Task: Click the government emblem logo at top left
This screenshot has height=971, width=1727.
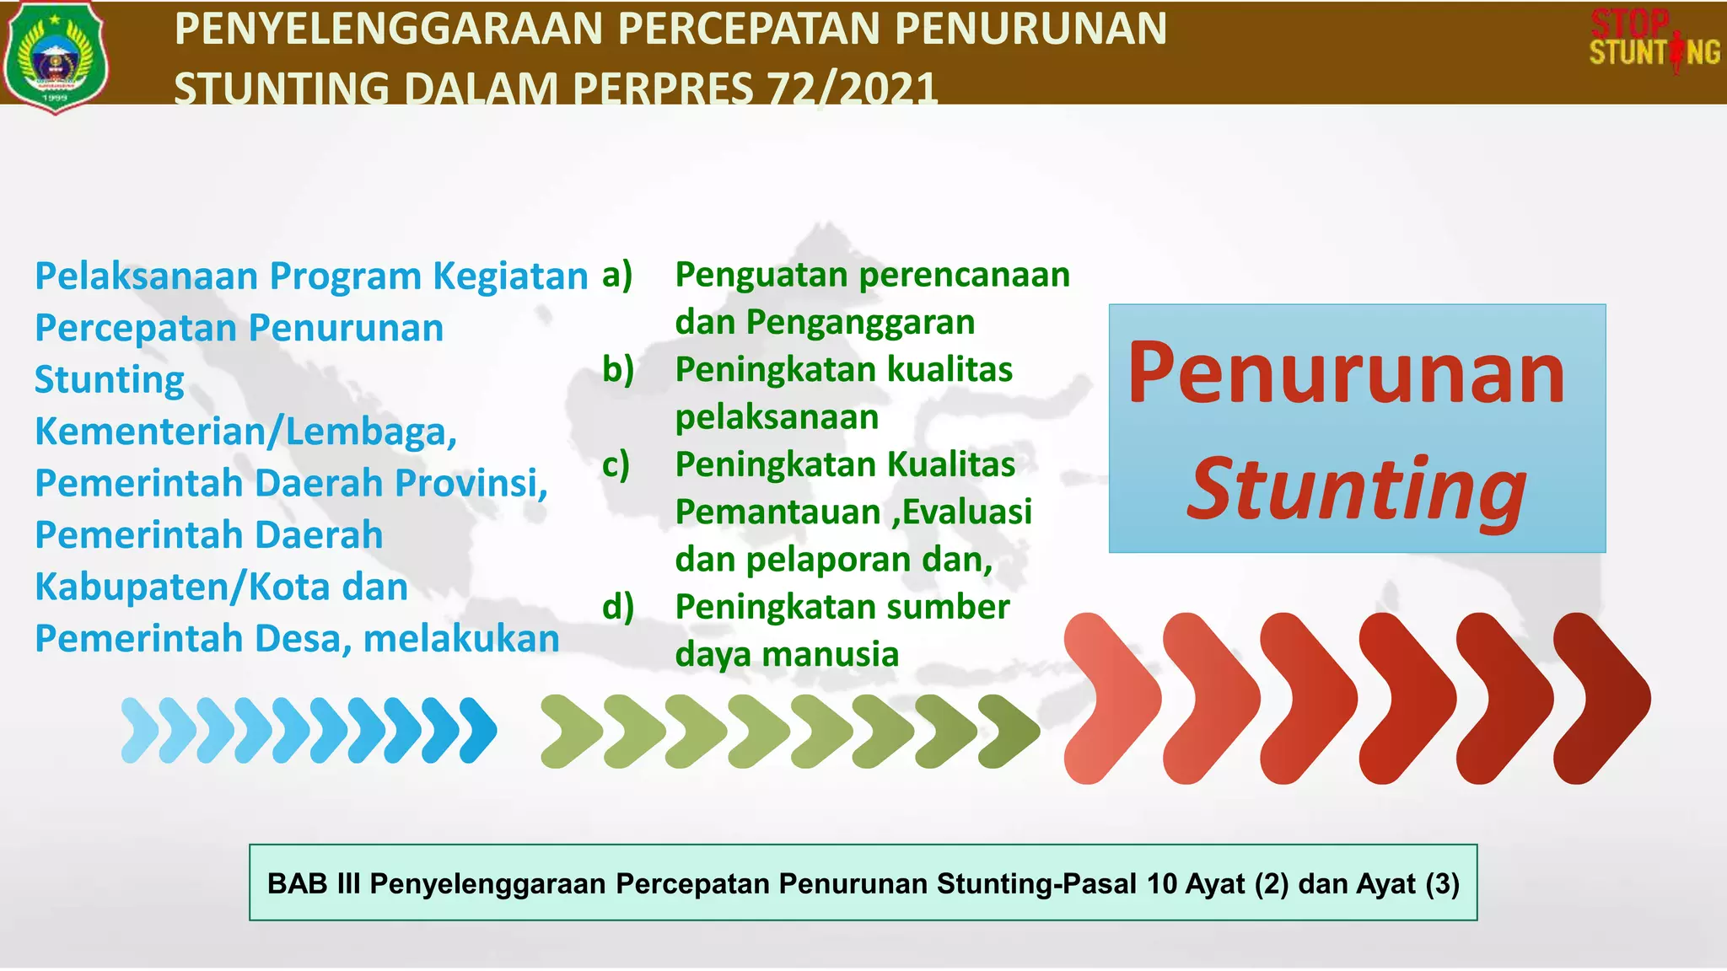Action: (x=55, y=56)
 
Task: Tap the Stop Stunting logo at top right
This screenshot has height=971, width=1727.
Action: (x=1654, y=40)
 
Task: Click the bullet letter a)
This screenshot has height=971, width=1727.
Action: (x=617, y=275)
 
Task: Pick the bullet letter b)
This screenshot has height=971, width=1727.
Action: (x=617, y=370)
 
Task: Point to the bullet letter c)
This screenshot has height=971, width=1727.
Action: (x=616, y=464)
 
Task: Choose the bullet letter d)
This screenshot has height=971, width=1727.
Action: (x=617, y=607)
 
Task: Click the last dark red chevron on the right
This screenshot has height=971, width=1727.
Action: (x=1602, y=698)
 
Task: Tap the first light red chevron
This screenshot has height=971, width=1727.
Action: (x=1111, y=698)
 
